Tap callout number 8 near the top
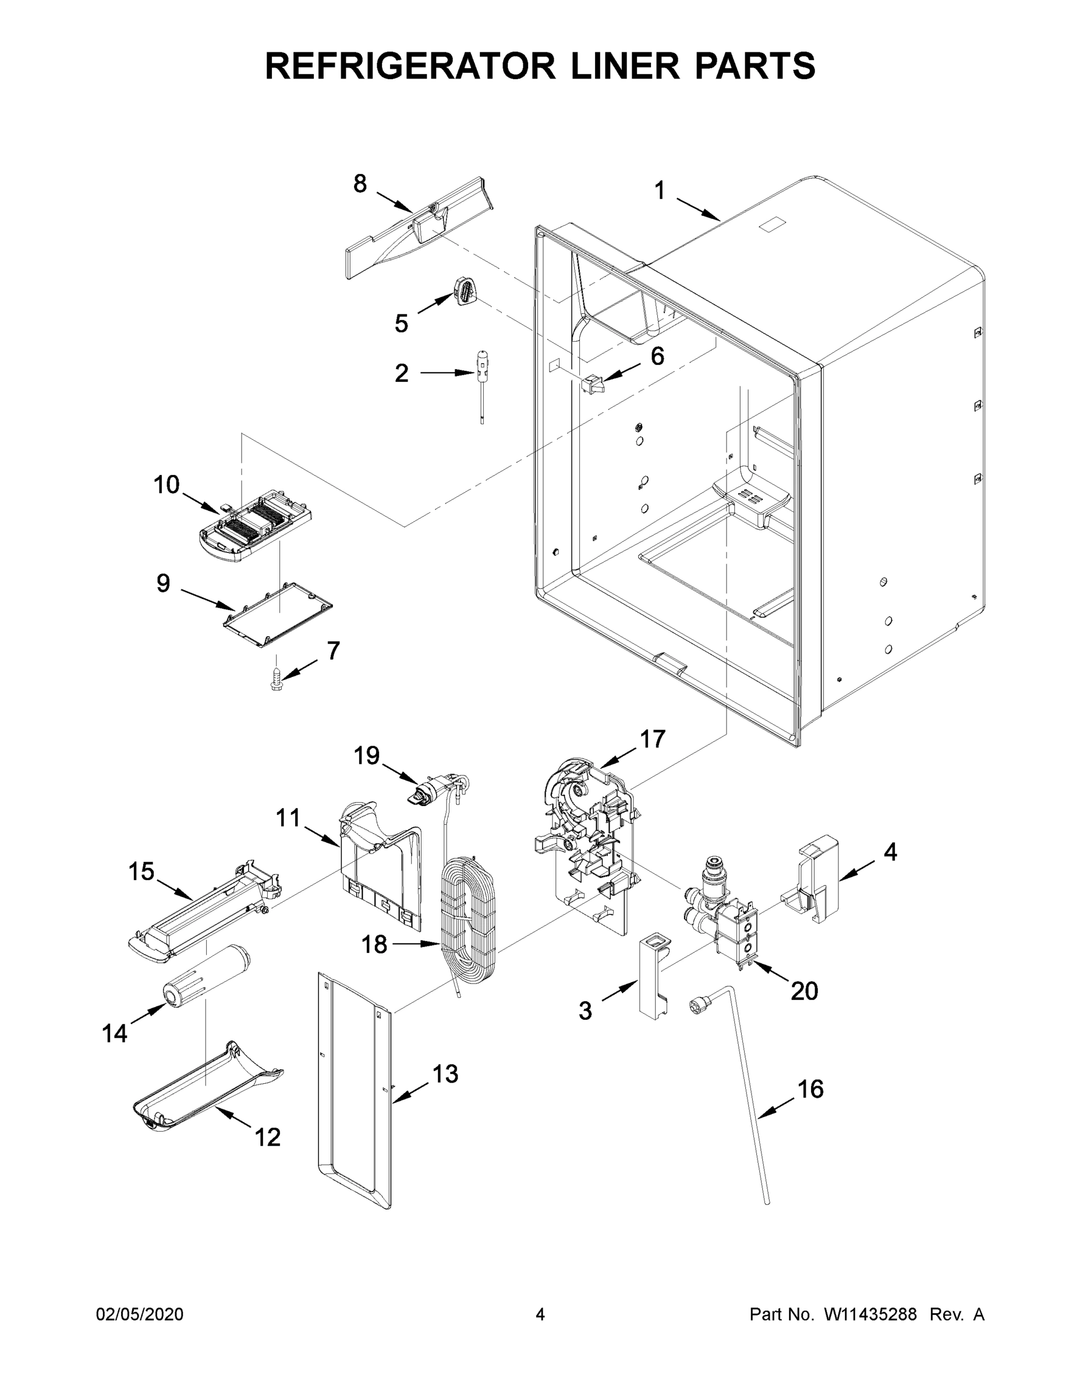(x=360, y=183)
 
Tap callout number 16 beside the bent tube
(x=810, y=1088)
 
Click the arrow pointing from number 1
(x=698, y=210)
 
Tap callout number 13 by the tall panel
(x=445, y=1073)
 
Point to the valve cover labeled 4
(x=813, y=881)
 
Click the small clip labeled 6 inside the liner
(x=593, y=384)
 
